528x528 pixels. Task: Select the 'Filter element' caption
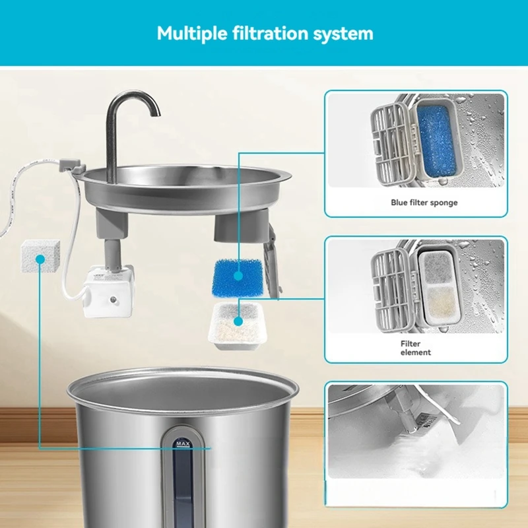[415, 348]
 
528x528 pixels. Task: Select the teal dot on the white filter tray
[237, 322]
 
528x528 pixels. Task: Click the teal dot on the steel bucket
[210, 447]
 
